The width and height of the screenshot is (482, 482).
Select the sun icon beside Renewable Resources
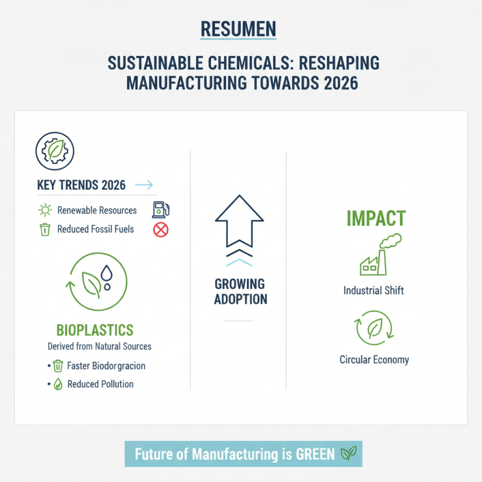coord(45,211)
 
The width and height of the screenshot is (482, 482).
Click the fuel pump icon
coord(160,210)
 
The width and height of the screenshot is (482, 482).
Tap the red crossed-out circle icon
coord(161,229)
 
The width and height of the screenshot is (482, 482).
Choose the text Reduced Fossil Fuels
coord(95,229)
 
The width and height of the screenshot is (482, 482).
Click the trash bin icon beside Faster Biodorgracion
coord(58,366)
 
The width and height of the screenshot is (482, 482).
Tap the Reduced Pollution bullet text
coord(100,384)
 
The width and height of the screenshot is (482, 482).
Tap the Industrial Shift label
coord(374,290)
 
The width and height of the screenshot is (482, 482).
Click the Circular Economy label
coord(374,360)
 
